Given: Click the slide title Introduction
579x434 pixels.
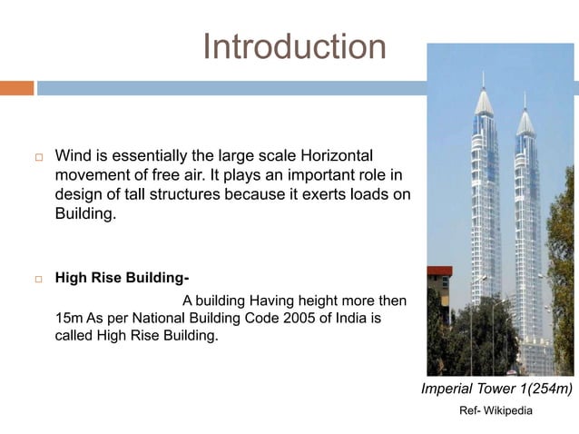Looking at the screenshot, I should click(294, 46).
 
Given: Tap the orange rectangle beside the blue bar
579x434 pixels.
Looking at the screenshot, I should click(16, 88).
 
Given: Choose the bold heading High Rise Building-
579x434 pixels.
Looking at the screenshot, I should click(122, 278).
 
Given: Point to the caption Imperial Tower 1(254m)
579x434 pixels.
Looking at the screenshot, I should click(496, 390).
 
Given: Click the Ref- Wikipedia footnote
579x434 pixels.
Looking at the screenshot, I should click(496, 411).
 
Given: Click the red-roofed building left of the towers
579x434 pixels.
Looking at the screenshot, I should click(439, 271).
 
